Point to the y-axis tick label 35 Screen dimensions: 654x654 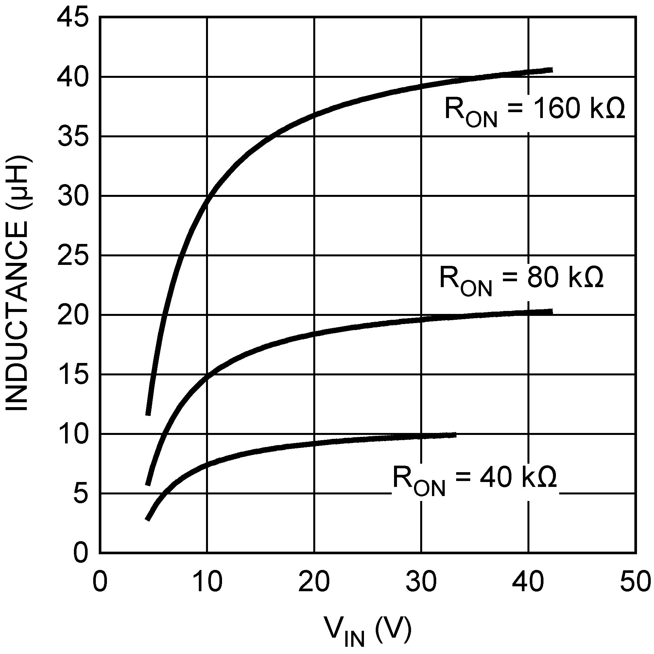click(73, 137)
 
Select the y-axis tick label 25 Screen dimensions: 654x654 click(73, 256)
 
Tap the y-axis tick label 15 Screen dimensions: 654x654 click(73, 374)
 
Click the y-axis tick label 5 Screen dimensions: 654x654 click(80, 493)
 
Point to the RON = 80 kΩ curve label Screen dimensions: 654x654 click(521, 279)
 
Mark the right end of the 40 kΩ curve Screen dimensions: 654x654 click(456, 435)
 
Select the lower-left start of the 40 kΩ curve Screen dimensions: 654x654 click(147, 519)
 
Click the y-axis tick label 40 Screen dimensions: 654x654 click(73, 77)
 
